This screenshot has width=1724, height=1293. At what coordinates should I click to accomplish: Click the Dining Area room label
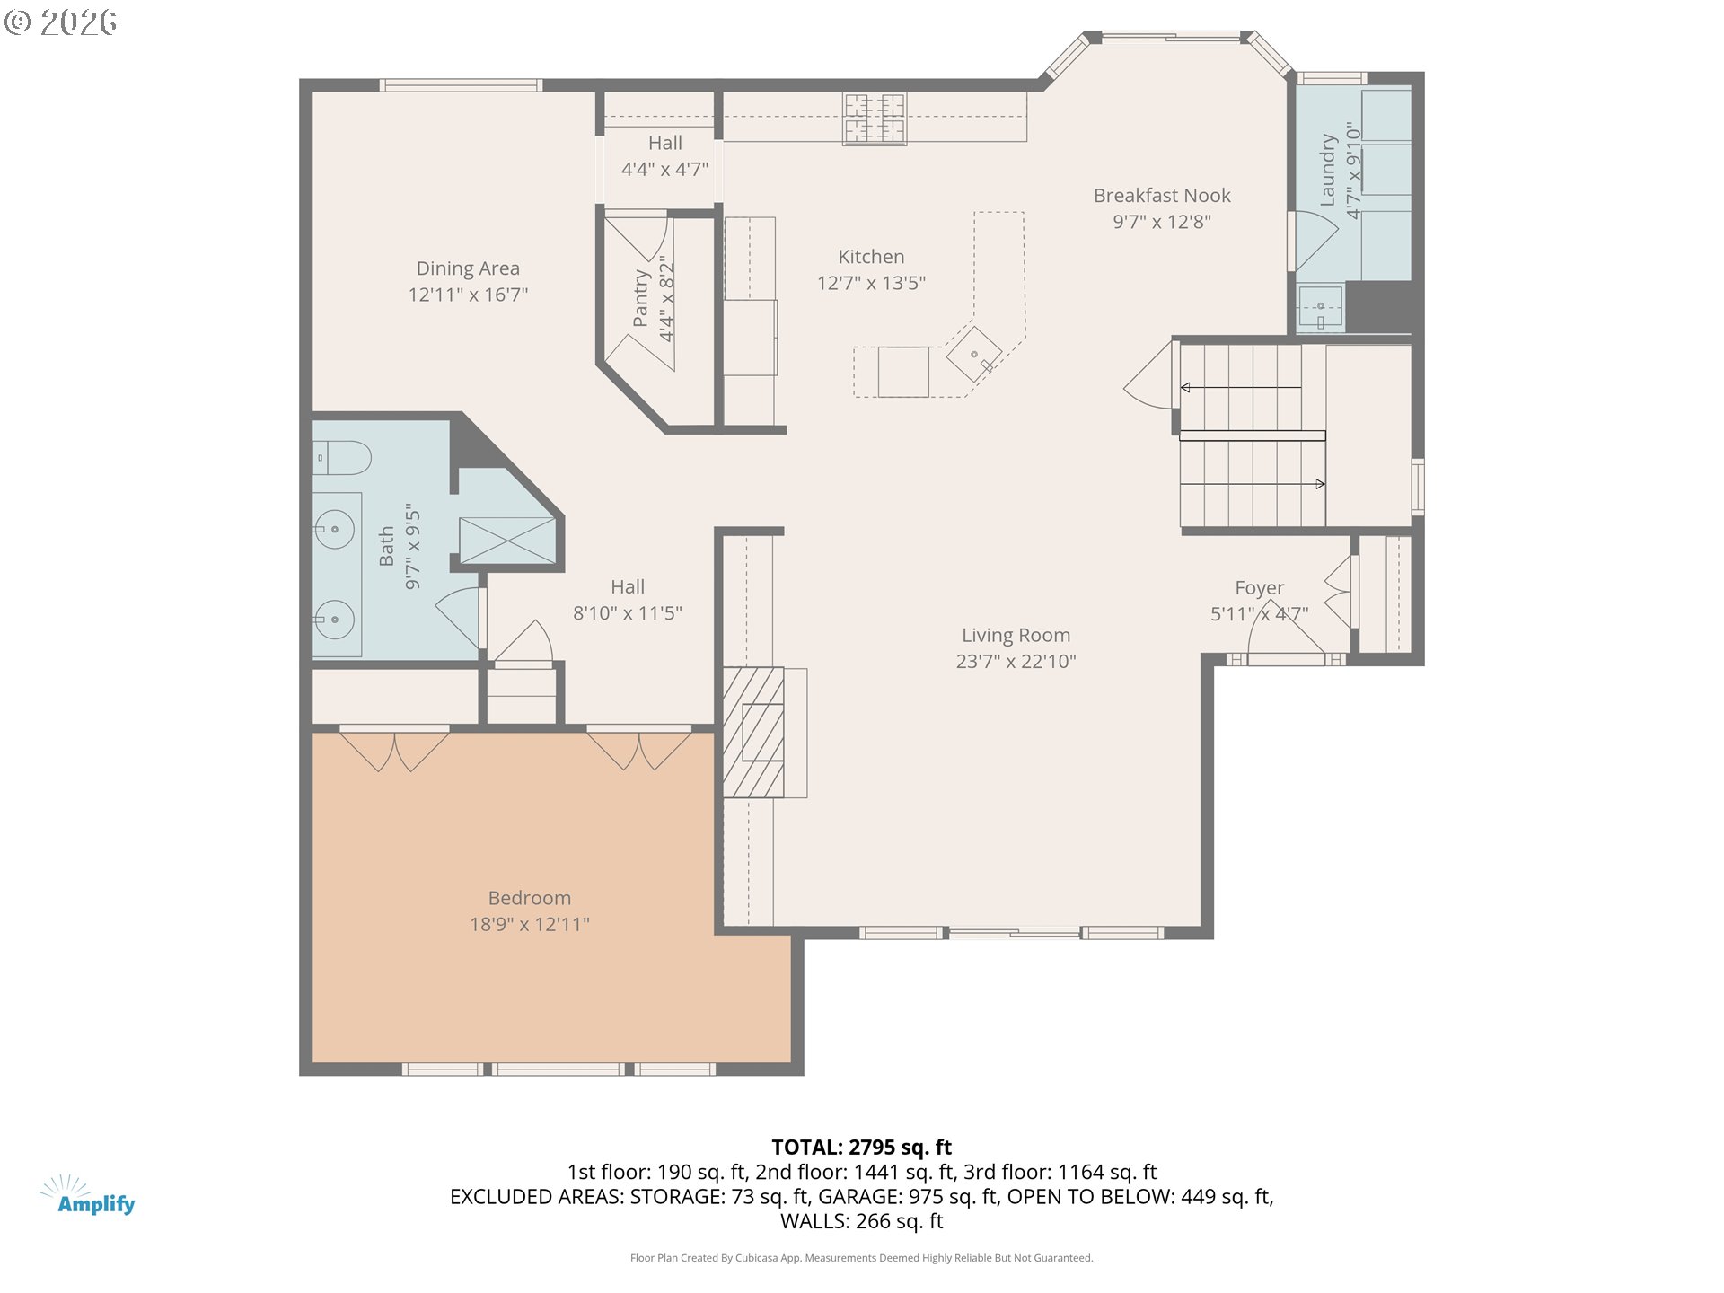coord(467,268)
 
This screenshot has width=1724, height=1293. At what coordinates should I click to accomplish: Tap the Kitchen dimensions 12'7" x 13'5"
coord(870,283)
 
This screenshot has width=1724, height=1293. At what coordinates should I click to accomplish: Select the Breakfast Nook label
coord(1161,196)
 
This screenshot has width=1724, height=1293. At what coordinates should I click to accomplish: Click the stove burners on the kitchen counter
coord(874,119)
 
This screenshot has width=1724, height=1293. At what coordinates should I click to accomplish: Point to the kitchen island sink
coord(973,355)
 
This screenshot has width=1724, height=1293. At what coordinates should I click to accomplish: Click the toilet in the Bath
coord(342,458)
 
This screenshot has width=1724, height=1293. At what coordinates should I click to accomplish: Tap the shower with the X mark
coord(507,541)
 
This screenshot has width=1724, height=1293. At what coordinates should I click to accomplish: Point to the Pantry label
coord(640,298)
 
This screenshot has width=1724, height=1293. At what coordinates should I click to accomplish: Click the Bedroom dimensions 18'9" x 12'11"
coord(529,924)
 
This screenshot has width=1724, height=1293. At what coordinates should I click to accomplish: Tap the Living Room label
coord(1016,636)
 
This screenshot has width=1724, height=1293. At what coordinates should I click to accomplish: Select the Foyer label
coord(1259,588)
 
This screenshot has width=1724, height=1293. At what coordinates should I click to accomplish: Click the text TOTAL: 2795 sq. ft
coord(861,1148)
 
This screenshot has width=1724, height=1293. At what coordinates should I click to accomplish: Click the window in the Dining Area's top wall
coord(460,85)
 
